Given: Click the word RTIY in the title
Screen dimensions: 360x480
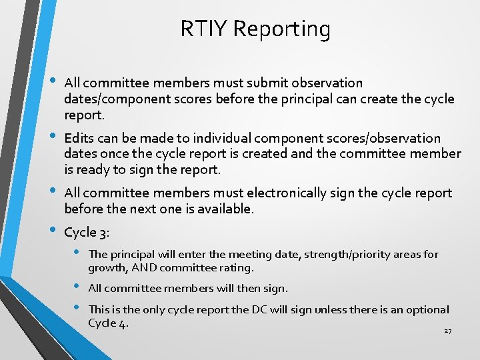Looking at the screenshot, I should [x=203, y=29].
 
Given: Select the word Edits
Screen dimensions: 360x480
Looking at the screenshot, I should [x=79, y=139].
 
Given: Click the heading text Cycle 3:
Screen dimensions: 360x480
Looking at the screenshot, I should [x=86, y=233].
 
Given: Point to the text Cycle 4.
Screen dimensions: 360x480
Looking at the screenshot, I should [x=108, y=324].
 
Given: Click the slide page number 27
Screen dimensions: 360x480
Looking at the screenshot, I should [x=447, y=331].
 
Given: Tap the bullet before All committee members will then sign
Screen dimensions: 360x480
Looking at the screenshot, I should [x=77, y=287].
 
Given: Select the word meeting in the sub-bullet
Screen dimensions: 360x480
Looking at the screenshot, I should [x=237, y=254].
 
